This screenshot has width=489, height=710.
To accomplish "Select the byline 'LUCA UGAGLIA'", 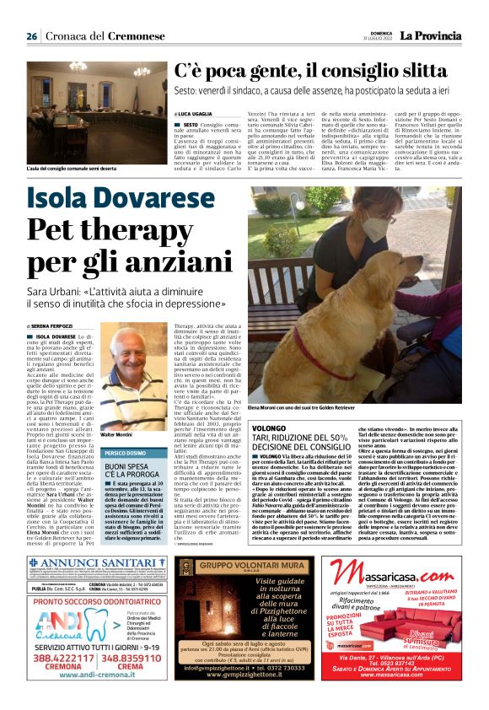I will pyautogui.click(x=195, y=112).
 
